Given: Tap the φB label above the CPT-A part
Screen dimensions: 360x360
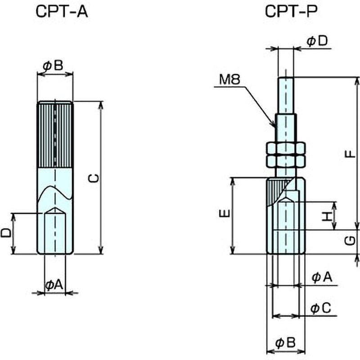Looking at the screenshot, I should pyautogui.click(x=53, y=66).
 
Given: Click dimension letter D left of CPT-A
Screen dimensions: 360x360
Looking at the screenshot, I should pyautogui.click(x=6, y=233).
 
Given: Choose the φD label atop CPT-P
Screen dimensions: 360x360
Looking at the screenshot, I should pyautogui.click(x=317, y=41).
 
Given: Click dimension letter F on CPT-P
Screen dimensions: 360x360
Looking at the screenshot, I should pyautogui.click(x=350, y=154).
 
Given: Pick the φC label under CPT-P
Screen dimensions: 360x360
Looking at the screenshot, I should pyautogui.click(x=321, y=308).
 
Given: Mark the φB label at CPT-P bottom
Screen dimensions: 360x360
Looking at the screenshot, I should pyautogui.click(x=285, y=343).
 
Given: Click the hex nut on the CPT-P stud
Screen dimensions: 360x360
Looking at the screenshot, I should pyautogui.click(x=286, y=154).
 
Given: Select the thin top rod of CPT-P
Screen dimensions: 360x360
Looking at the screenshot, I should pyautogui.click(x=286, y=94).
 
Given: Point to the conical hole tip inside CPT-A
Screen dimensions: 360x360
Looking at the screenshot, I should pyautogui.click(x=55, y=210).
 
